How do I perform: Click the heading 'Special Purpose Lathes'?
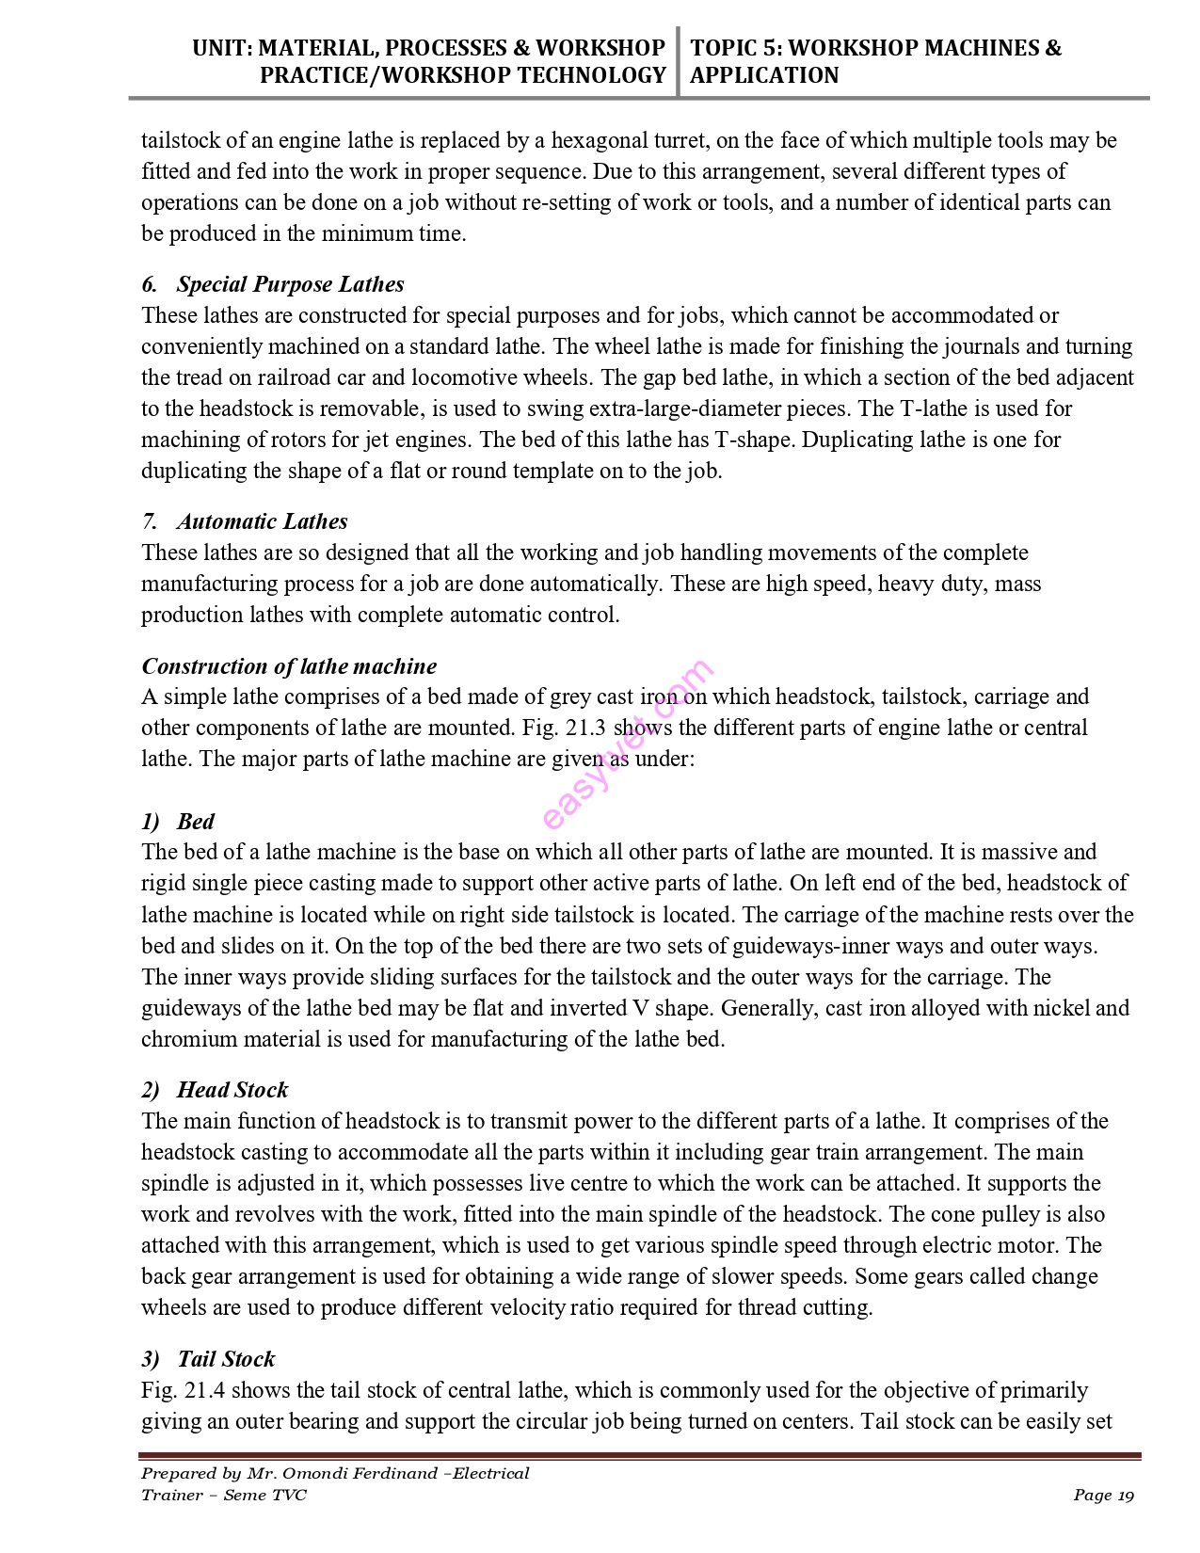tap(290, 284)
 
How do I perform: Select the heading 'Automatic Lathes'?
tap(262, 521)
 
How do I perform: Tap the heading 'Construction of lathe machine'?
tap(289, 666)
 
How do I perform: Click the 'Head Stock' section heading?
tap(232, 1090)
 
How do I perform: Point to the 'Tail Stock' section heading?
tap(226, 1359)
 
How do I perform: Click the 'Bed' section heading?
tap(196, 822)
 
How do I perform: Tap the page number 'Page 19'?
tap(1103, 1496)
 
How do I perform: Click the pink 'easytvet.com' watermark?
tap(628, 744)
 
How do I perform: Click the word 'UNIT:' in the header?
tap(221, 48)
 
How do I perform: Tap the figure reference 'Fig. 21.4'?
tap(183, 1390)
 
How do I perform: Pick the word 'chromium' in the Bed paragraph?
tap(187, 1040)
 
